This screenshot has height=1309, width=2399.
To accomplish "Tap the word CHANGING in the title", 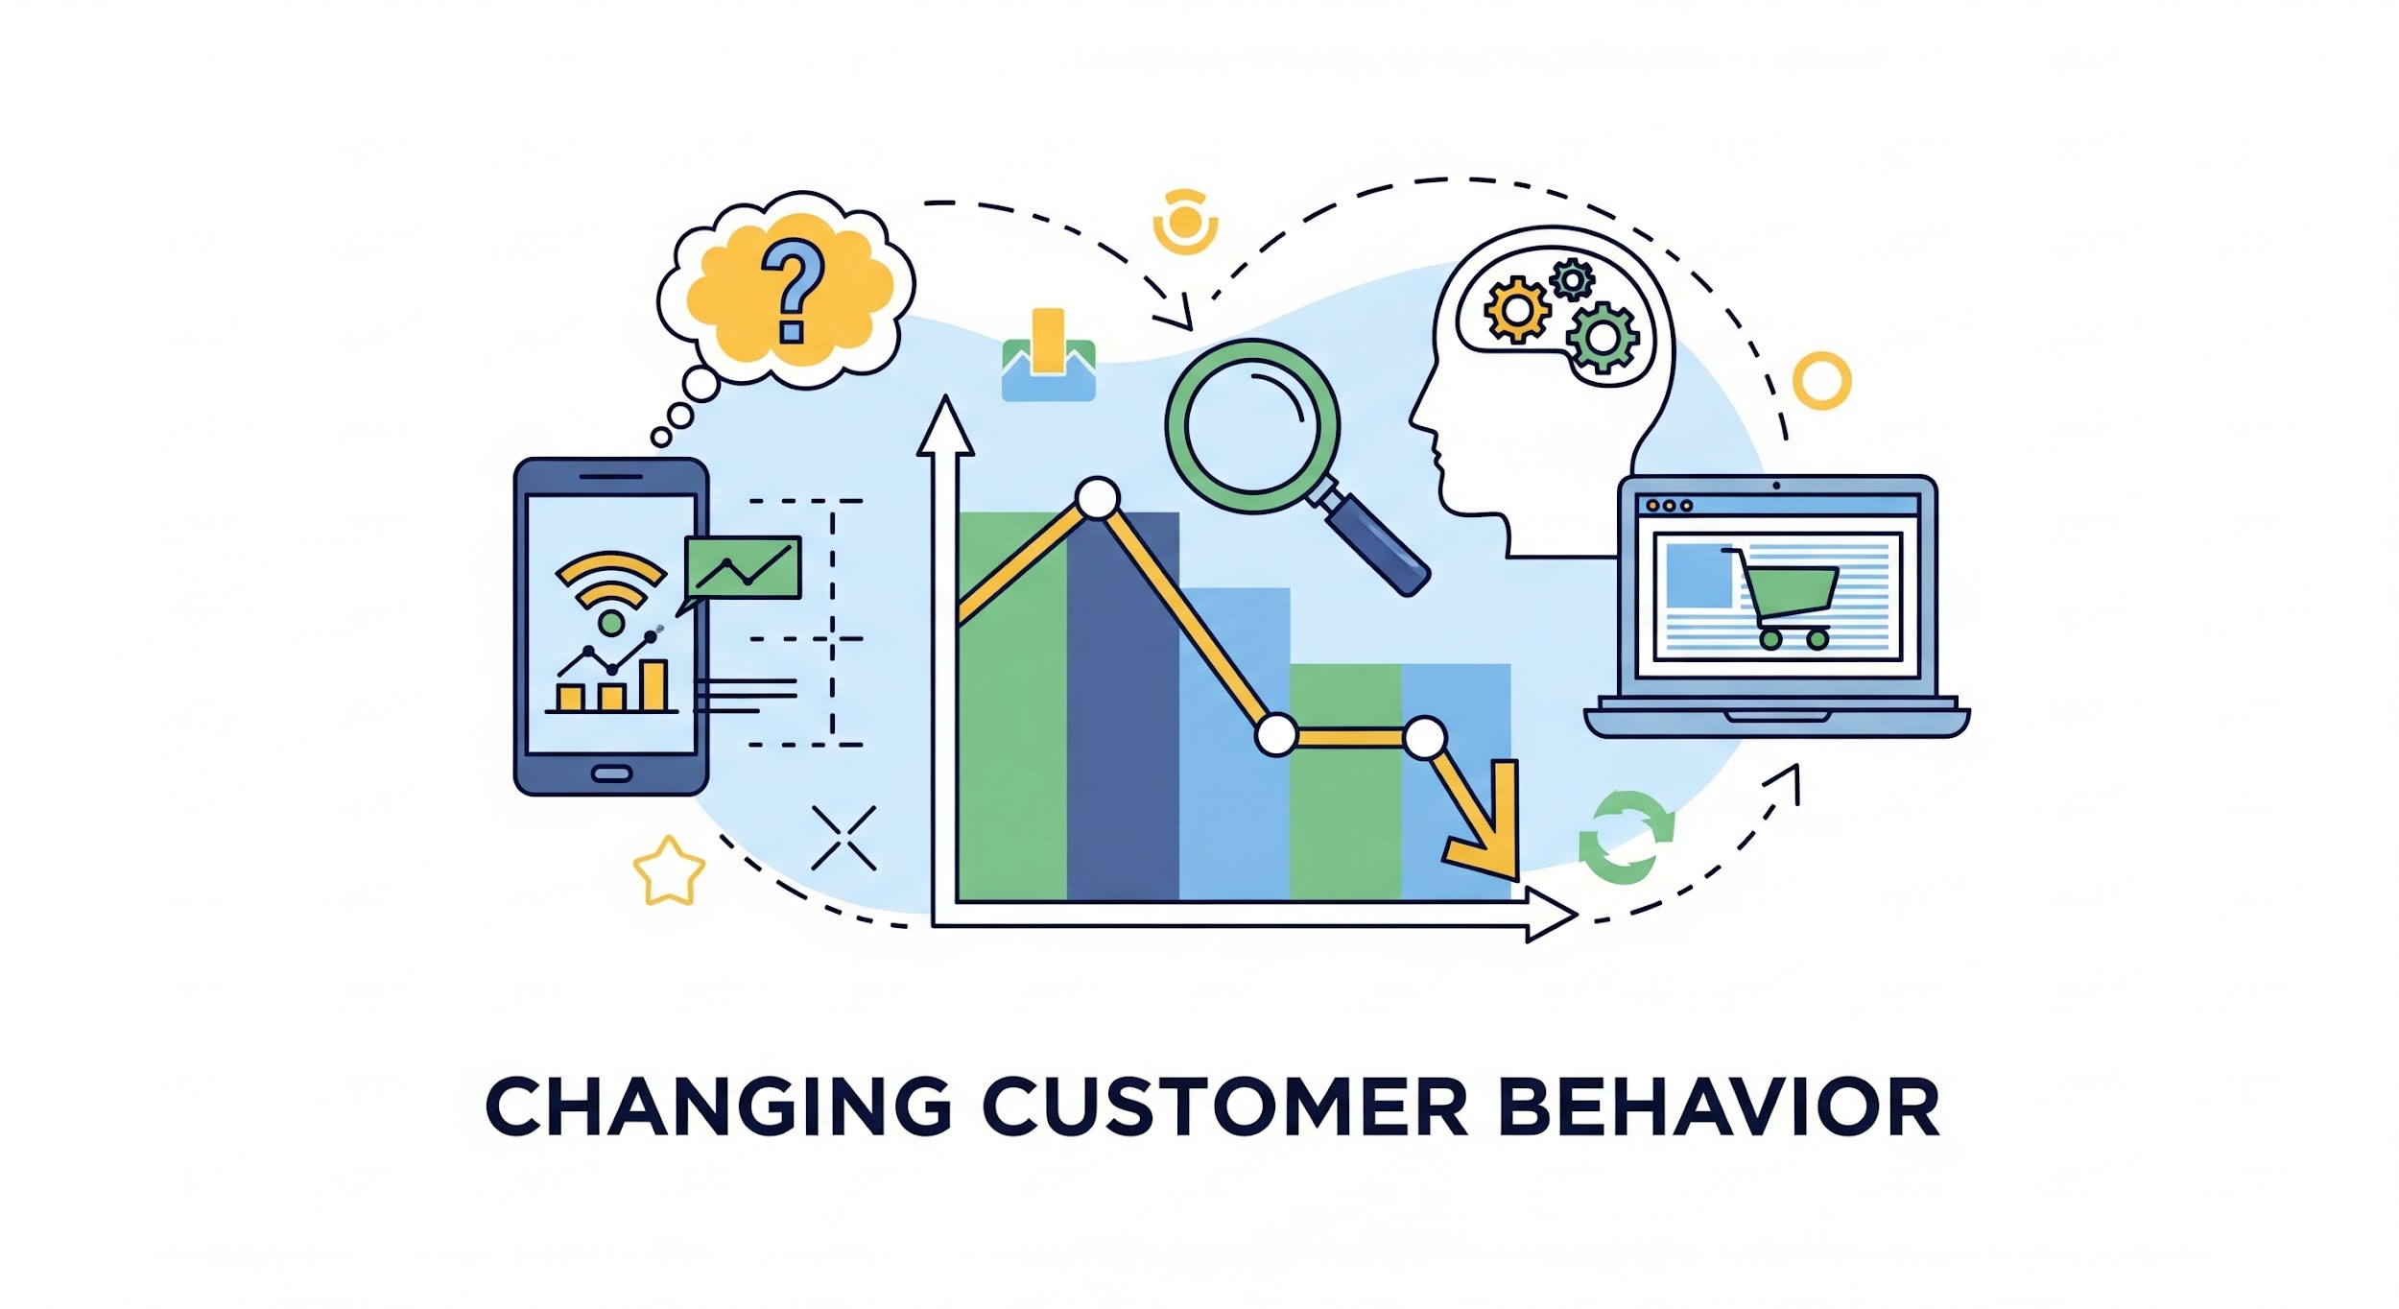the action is pos(718,1106).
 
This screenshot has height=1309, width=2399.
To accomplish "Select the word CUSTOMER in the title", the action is pos(1224,1106).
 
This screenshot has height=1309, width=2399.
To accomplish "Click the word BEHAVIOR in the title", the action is pos(1718,1106).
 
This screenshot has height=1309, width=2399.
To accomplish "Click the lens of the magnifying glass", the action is pos(1251,427).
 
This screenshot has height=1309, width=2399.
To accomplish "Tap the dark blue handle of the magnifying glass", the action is pos(1378,545).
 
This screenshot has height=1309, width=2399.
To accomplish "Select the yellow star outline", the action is pos(669,871).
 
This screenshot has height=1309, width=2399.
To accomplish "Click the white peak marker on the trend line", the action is pos(1097,498).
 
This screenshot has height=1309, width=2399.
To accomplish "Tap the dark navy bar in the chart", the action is pos(1123,706).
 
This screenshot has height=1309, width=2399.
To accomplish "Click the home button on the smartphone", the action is pos(611,773).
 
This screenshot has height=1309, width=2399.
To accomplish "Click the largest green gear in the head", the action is pos(1602,337).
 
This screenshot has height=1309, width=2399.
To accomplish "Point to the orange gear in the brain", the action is pos(1517,309).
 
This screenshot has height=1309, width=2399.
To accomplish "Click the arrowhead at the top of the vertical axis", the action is pos(945,426).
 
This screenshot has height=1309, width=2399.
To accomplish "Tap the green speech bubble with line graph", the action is pos(740,572).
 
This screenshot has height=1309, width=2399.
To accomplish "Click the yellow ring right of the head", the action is pos(1821,381).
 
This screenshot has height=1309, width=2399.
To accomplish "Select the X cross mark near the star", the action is pos(843,838).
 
